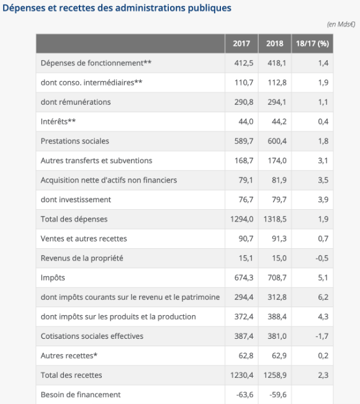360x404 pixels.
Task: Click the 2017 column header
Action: pos(241,43)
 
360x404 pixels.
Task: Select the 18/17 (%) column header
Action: pos(312,43)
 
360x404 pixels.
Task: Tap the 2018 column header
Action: pos(275,43)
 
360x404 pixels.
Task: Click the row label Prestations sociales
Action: pos(74,141)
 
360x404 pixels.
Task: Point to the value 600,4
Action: pos(277,141)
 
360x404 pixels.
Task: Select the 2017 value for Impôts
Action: pos(244,277)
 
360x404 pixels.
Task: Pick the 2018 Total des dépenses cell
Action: pos(275,219)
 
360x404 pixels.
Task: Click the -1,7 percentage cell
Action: pos(322,336)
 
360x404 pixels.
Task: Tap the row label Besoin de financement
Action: pos(81,395)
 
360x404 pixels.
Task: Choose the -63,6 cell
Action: pos(245,395)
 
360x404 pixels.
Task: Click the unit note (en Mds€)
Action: pos(341,24)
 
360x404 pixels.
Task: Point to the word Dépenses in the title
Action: pos(24,8)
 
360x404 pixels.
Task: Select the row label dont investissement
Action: pos(76,200)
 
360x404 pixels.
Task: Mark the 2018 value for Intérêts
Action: pos(279,122)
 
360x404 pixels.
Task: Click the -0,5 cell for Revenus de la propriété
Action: pos(322,258)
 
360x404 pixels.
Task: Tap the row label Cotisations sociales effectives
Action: pos(92,336)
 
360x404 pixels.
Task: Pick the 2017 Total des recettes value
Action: pos(241,375)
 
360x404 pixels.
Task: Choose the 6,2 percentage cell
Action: pos(323,297)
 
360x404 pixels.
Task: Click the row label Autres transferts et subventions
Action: pos(96,161)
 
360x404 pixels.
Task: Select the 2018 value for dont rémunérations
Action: pos(277,102)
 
